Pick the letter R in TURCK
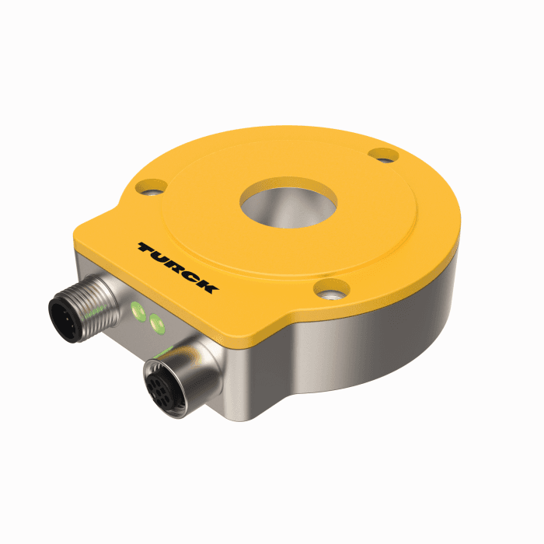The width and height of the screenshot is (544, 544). pos(176,267)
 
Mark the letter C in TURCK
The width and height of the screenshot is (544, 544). pos(191,276)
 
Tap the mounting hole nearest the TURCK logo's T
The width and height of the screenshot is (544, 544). pos(149,187)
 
